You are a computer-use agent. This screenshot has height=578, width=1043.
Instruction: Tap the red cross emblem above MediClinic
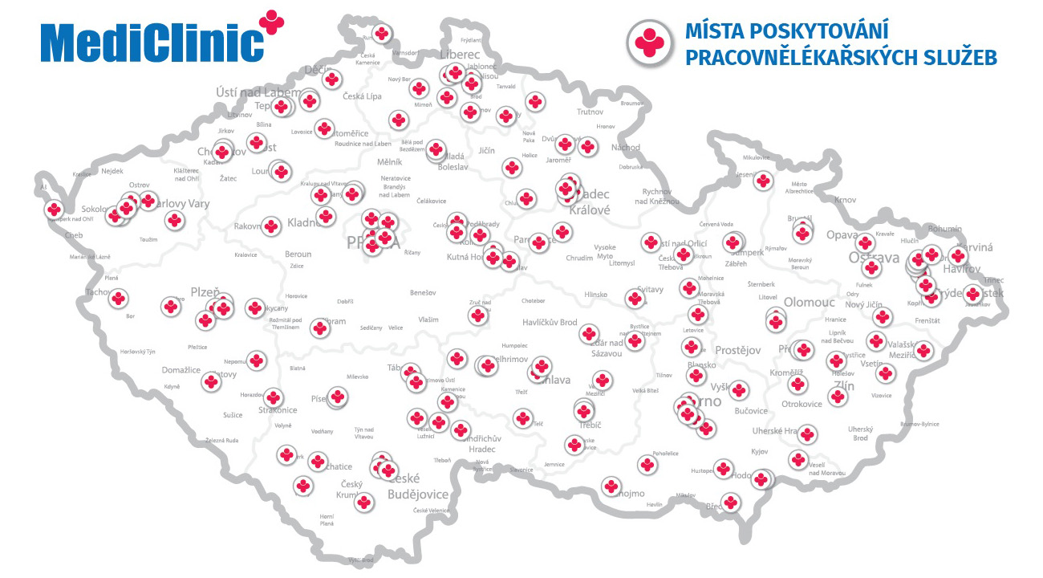[x=273, y=22]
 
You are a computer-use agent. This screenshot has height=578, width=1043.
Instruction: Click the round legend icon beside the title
[x=650, y=43]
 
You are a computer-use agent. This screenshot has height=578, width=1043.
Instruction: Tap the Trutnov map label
[x=590, y=112]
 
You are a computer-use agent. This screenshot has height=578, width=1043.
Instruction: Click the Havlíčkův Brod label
[x=550, y=323]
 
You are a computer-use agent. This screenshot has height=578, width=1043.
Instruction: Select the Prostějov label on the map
[x=737, y=351]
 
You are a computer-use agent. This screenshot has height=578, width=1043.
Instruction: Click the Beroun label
[x=298, y=254]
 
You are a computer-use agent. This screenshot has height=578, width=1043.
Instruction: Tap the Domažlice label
[x=181, y=370]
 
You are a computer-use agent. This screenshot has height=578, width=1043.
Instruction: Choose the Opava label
[x=842, y=235]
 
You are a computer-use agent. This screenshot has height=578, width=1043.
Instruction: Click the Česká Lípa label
[x=361, y=96]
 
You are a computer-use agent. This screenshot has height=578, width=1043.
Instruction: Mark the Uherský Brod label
[x=860, y=433]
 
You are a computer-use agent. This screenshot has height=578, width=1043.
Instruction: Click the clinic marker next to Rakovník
[x=271, y=227]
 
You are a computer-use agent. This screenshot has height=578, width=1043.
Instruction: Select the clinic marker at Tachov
[x=118, y=299]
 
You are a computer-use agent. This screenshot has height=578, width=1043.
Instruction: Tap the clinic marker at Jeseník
[x=764, y=181]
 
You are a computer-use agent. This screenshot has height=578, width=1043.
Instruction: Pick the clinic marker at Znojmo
[x=612, y=486]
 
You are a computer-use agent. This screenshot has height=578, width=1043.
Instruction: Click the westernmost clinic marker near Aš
[x=54, y=210]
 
